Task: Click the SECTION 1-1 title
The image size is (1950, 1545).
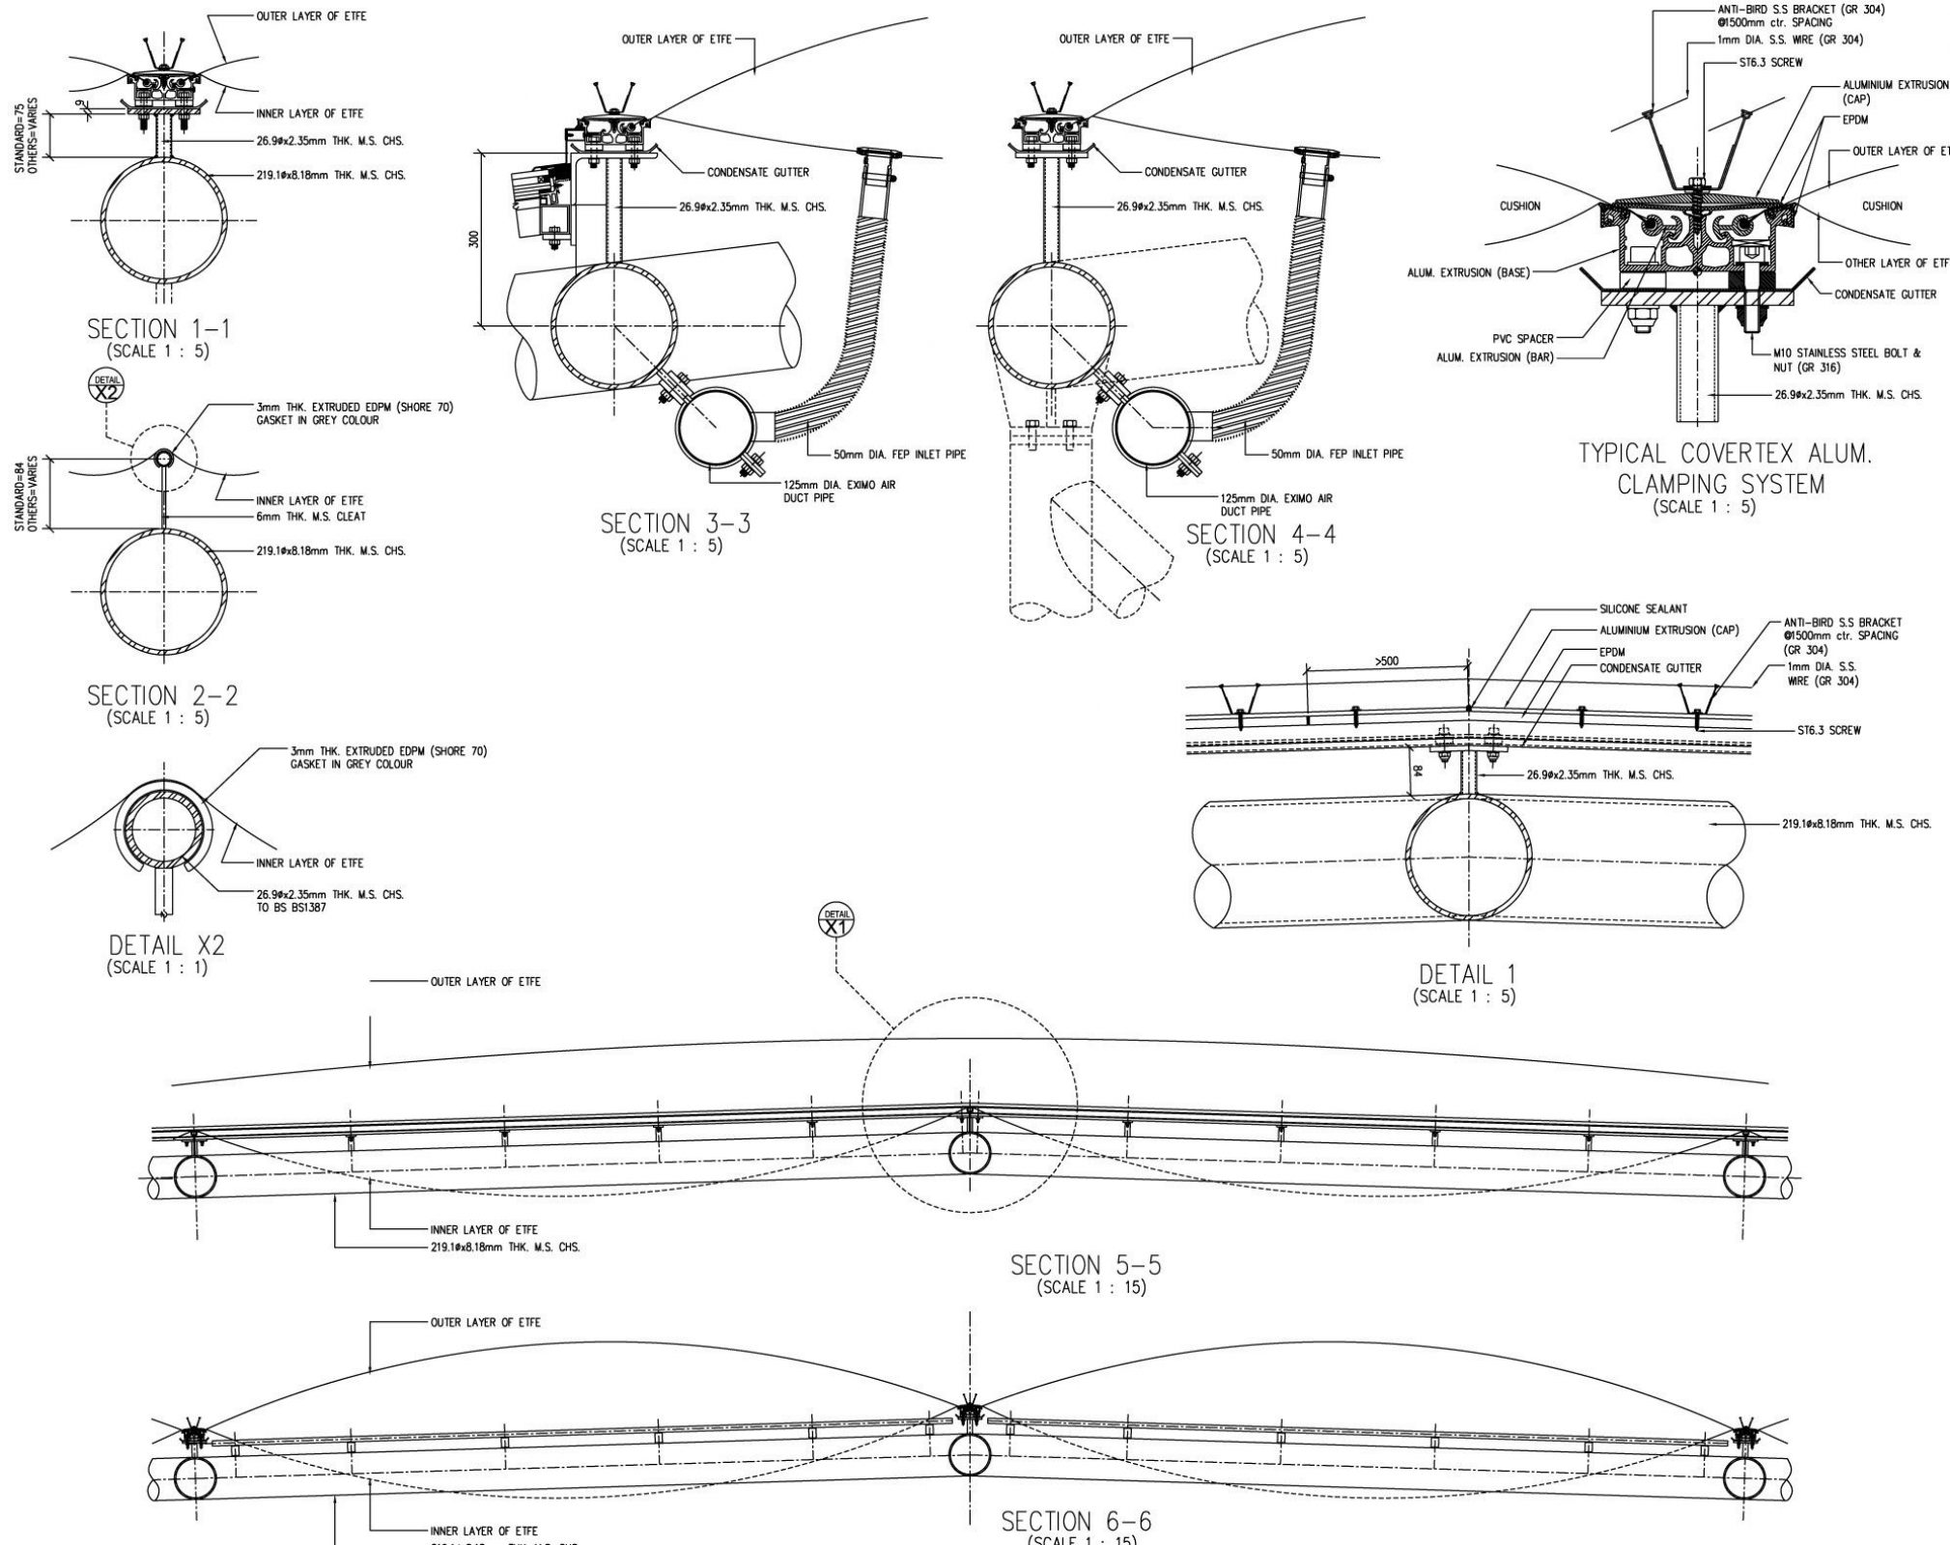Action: (159, 330)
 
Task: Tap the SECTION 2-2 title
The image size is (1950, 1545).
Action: (161, 696)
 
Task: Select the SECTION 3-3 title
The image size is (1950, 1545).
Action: (674, 524)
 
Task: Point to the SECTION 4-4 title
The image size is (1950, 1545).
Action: (1260, 534)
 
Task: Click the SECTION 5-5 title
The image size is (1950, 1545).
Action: (1086, 1265)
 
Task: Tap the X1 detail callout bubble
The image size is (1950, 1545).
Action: (836, 921)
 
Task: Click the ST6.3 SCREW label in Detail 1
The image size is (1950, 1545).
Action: (1828, 731)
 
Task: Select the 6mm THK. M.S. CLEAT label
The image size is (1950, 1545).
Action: (310, 516)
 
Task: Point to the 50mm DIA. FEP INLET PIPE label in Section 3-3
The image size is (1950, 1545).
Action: (899, 454)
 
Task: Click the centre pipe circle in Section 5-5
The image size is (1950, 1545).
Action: (970, 1153)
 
